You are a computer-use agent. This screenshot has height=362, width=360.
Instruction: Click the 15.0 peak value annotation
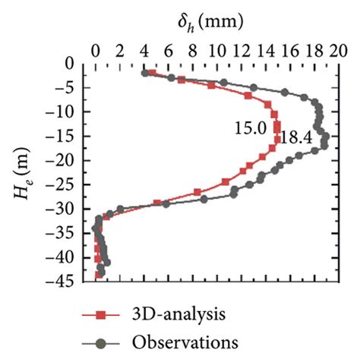250,129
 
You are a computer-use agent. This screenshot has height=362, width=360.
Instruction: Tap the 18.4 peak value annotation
292,138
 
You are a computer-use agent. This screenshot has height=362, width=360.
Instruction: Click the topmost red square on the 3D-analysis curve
152,73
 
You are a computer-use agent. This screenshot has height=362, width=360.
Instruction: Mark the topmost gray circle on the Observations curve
145,74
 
